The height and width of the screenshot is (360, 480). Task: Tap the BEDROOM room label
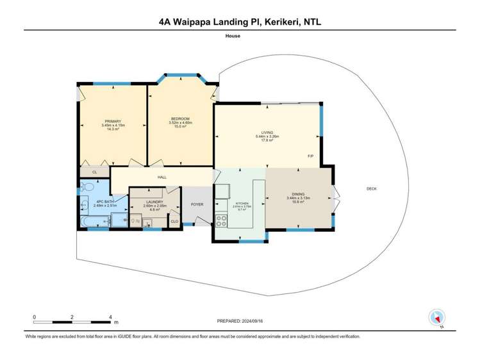click(x=179, y=119)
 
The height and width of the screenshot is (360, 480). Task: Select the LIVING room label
click(x=267, y=133)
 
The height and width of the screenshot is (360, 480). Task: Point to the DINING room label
click(x=299, y=194)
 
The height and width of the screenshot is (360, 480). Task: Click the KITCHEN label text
click(x=242, y=202)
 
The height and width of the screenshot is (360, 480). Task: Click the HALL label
click(x=162, y=177)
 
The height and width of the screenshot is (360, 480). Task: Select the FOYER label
click(x=197, y=204)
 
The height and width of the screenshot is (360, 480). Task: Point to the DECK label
click(x=371, y=188)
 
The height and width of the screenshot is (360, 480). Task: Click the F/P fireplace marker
click(x=311, y=156)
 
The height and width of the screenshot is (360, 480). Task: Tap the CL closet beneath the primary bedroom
click(x=94, y=172)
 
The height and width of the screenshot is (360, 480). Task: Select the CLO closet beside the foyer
click(x=174, y=222)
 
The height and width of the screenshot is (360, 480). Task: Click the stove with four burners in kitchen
click(x=221, y=221)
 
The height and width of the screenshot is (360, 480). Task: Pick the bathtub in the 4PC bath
click(x=95, y=222)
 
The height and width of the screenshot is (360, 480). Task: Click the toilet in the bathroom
click(x=87, y=188)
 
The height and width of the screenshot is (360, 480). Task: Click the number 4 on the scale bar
click(x=111, y=317)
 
